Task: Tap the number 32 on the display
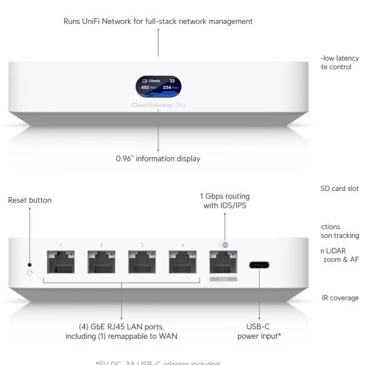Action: (x=172, y=81)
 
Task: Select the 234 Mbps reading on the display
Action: (x=169, y=88)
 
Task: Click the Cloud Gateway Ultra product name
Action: (x=158, y=105)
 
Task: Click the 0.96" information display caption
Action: (x=158, y=159)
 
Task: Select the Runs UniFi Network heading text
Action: (x=158, y=21)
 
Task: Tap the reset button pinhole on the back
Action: (x=29, y=264)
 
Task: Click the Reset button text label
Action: (x=29, y=200)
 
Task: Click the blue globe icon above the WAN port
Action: (x=225, y=245)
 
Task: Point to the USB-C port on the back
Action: (x=260, y=265)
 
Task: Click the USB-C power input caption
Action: (x=259, y=331)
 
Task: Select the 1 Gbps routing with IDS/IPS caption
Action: (x=224, y=200)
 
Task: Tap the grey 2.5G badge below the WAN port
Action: (x=223, y=280)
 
